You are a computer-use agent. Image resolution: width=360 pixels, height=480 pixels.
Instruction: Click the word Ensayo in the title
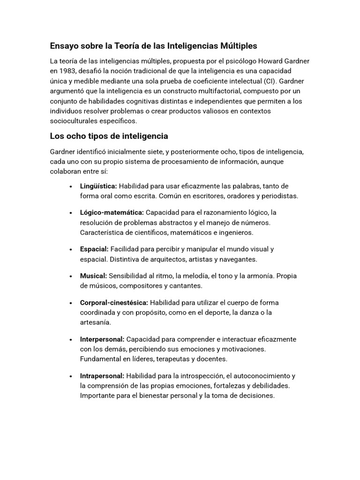point(64,46)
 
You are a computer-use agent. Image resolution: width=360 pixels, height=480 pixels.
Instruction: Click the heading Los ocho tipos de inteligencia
point(109,136)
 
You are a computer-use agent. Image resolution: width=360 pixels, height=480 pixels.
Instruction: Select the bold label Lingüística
point(98,186)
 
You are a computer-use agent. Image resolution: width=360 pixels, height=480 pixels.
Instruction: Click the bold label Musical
point(94,276)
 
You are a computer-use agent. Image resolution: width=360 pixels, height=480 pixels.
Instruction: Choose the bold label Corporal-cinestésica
point(114,302)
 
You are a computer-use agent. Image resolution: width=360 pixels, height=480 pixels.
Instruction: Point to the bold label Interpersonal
point(102,339)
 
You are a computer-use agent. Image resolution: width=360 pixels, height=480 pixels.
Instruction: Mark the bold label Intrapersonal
point(102,375)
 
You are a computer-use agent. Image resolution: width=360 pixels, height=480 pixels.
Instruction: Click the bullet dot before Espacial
point(70,249)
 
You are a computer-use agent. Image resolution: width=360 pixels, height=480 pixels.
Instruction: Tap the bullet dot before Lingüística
point(70,187)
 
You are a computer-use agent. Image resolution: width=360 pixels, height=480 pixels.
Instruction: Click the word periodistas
point(278,196)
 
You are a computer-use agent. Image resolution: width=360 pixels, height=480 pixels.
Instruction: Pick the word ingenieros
point(236,232)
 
